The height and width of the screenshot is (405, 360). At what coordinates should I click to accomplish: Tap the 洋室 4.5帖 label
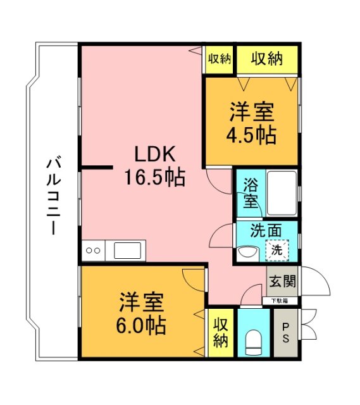click(251, 125)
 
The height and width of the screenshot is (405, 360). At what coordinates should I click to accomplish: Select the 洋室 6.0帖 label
click(141, 313)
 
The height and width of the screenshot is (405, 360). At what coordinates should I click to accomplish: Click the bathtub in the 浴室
click(281, 192)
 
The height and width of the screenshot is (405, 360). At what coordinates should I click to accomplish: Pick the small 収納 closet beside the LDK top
click(219, 59)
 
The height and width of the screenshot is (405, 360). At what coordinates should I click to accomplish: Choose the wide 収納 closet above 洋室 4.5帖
click(266, 59)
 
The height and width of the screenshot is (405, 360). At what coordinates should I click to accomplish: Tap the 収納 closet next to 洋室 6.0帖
click(220, 332)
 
